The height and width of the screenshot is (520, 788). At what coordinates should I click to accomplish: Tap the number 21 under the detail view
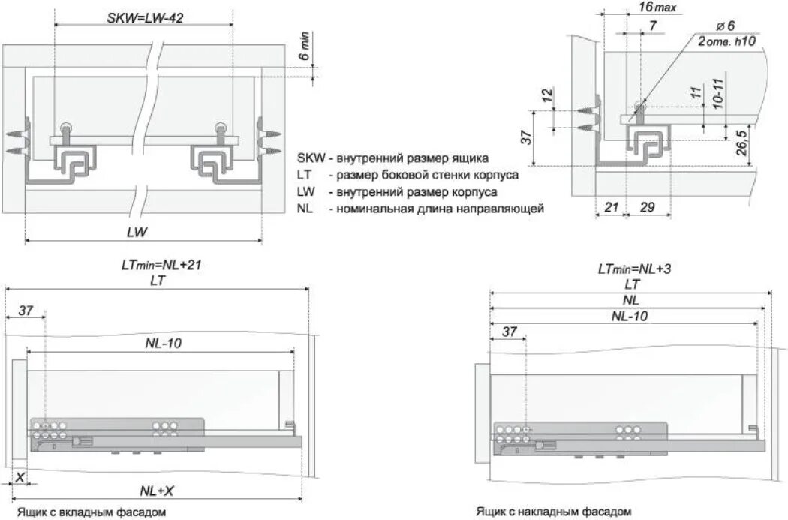(x=609, y=206)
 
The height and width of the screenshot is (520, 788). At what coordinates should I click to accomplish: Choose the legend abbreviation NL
(x=305, y=209)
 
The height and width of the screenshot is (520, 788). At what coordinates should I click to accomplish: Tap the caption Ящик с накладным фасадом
(x=552, y=512)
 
